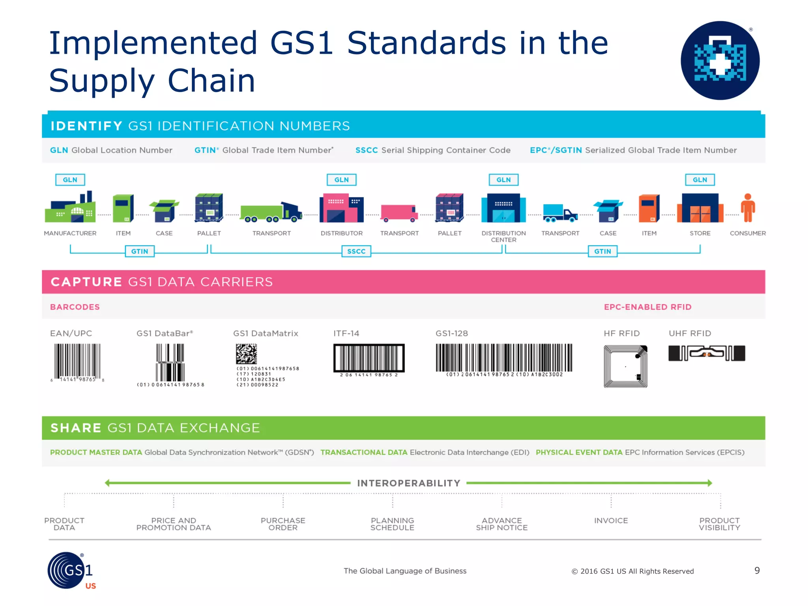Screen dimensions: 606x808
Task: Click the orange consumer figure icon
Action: (x=748, y=208)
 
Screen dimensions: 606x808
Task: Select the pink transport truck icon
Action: (x=399, y=213)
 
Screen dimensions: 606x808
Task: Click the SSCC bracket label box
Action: (x=356, y=251)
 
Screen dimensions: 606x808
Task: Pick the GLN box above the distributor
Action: (x=341, y=180)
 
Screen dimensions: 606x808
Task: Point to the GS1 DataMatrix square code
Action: (x=247, y=354)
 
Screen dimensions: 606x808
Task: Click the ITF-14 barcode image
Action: (x=369, y=358)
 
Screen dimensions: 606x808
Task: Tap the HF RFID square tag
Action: (x=625, y=366)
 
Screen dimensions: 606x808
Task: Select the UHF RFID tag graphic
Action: (x=707, y=353)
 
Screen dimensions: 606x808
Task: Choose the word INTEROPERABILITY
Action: (x=409, y=483)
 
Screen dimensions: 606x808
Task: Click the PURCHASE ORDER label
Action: (x=283, y=524)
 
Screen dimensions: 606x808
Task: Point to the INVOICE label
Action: (x=611, y=521)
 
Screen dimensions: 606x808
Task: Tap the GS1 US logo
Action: (x=71, y=570)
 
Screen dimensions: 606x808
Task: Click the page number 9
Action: (x=757, y=570)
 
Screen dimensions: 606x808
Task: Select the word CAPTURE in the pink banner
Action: (x=86, y=282)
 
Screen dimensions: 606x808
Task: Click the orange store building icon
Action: (x=700, y=208)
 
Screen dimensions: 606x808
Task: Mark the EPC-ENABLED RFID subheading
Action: (x=647, y=307)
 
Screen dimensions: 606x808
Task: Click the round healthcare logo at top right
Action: (x=720, y=60)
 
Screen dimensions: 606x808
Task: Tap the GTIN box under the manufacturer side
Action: (x=140, y=251)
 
